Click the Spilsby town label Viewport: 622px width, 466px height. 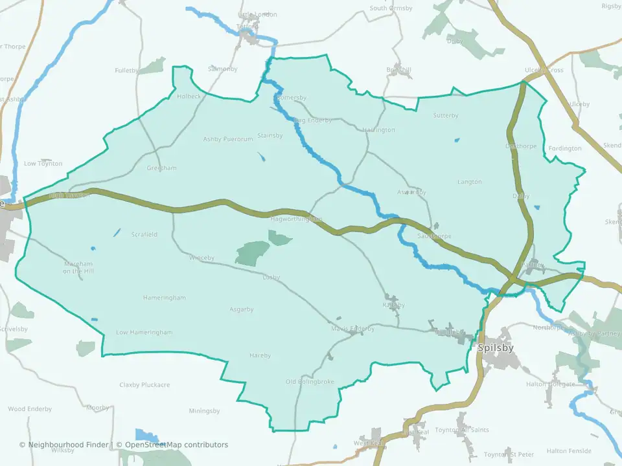point(496,348)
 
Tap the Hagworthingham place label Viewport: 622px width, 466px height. point(296,220)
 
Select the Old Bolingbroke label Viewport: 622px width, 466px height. point(310,382)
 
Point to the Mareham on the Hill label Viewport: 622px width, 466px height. point(78,267)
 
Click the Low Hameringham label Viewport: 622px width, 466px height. point(144,332)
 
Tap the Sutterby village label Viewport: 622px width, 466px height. point(445,116)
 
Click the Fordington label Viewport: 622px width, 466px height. point(564,148)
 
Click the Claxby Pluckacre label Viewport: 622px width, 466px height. point(144,384)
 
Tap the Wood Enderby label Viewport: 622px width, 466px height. point(25,409)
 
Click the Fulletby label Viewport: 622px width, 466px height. point(126,70)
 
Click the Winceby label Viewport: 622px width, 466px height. point(201,258)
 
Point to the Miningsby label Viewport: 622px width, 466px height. point(204,411)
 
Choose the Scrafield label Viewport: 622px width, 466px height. point(144,234)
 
